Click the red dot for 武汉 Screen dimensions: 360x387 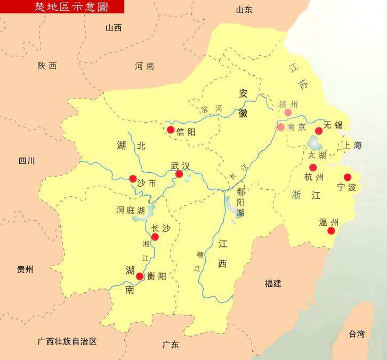[x=179, y=174]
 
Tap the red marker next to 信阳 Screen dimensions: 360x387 [x=171, y=130]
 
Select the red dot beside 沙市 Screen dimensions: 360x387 [x=133, y=179]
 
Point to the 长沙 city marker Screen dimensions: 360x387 [x=155, y=237]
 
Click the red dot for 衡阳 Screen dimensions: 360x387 [x=140, y=276]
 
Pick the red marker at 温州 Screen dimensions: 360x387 [x=331, y=230]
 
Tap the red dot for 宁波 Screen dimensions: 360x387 [x=348, y=177]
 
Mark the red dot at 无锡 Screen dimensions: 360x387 [x=319, y=131]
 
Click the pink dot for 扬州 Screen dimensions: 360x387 [x=288, y=113]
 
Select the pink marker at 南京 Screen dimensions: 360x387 [x=281, y=127]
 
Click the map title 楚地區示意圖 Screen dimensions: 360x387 [x=62, y=6]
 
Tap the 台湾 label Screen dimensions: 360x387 [x=357, y=334]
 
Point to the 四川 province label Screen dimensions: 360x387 [x=26, y=161]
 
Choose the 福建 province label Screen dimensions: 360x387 [x=272, y=283]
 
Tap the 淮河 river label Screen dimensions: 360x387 [x=211, y=109]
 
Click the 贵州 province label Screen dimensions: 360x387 [x=25, y=269]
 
